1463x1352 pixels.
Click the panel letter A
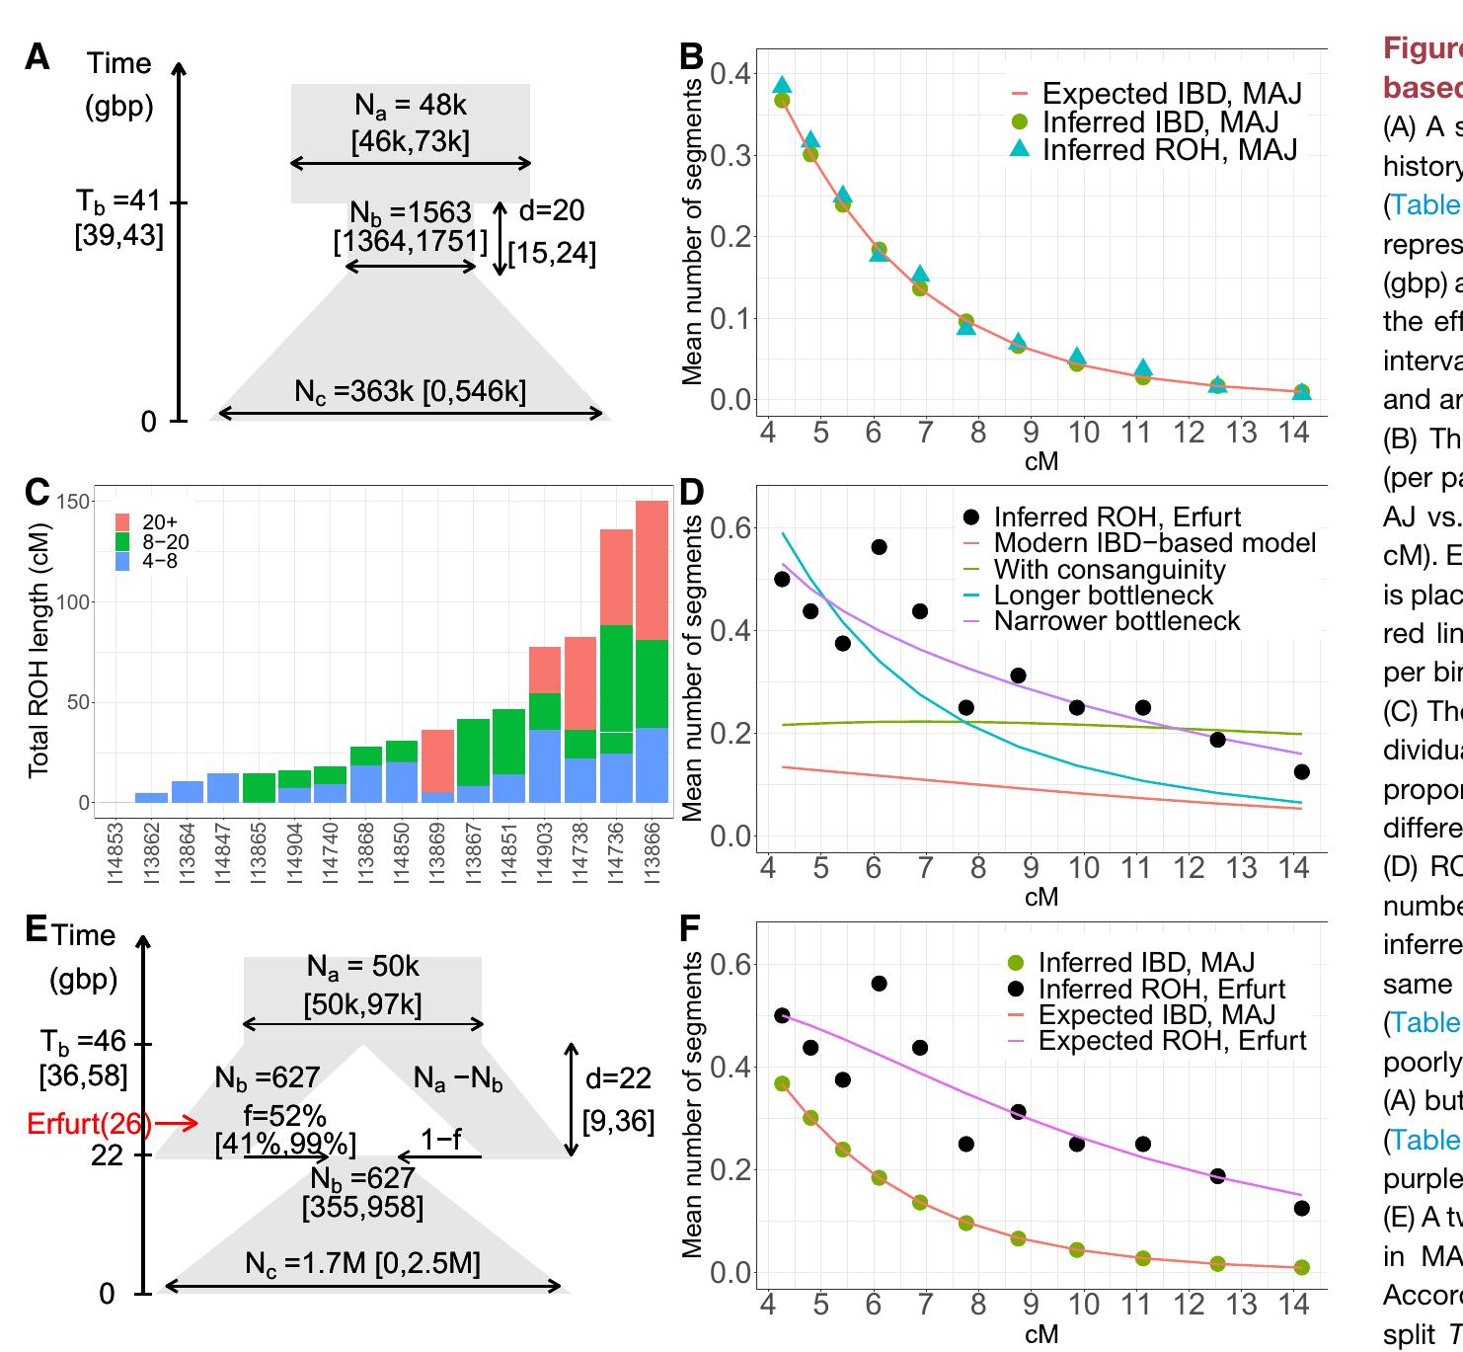(x=37, y=57)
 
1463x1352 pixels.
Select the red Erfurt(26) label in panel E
(x=90, y=1123)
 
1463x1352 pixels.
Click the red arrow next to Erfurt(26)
(x=178, y=1123)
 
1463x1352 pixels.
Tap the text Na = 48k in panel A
(x=410, y=105)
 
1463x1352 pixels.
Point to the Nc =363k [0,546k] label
(x=410, y=391)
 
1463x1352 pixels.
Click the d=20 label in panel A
(x=552, y=210)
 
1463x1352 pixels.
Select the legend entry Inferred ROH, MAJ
(x=1170, y=149)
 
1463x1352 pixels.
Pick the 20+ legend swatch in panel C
(x=123, y=521)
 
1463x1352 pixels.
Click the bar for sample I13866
(x=652, y=652)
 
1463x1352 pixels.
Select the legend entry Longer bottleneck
(x=1103, y=596)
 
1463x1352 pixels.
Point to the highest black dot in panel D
(x=879, y=547)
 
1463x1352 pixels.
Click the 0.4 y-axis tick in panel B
(x=731, y=73)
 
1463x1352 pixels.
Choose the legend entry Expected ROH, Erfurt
(x=1172, y=1041)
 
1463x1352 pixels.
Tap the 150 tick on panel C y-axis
(x=73, y=502)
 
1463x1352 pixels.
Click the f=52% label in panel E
(x=284, y=1116)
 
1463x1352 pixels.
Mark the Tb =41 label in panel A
(x=117, y=201)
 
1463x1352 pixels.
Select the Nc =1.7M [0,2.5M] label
(x=362, y=1264)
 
